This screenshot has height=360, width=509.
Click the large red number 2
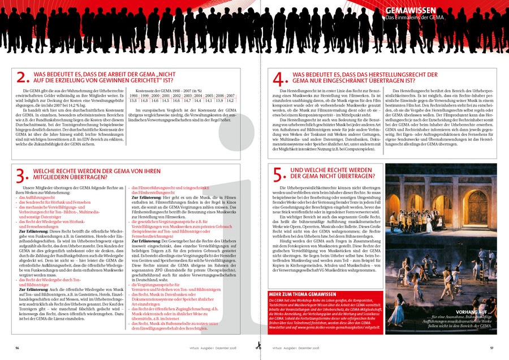click(23, 78)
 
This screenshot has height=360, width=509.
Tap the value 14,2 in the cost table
click(230, 101)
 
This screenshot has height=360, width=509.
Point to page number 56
click(18, 348)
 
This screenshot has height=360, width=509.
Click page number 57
click(492, 348)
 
